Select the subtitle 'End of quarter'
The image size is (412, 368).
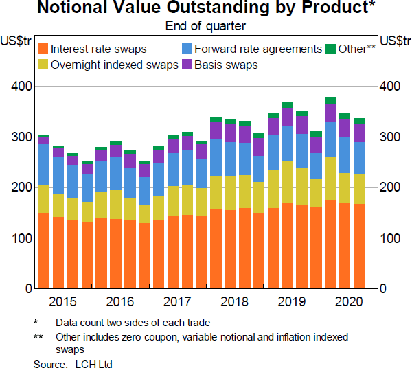coord(206,26)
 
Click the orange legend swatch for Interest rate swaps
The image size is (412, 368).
coord(43,49)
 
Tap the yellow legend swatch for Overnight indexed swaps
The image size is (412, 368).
coord(43,65)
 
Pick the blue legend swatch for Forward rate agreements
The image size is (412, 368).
coord(187,49)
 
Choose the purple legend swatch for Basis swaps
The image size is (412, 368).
coord(187,65)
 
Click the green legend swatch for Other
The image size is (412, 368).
coord(330,49)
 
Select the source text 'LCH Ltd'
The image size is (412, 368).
coord(95,363)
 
